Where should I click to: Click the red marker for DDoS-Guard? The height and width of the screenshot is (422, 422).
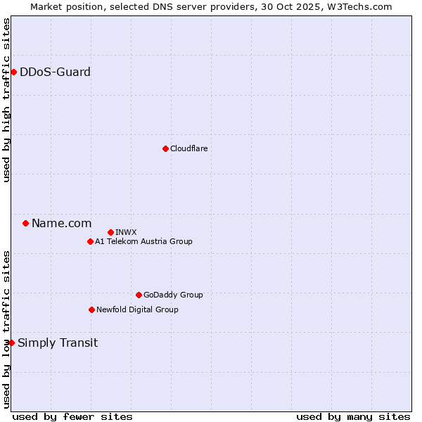(13, 72)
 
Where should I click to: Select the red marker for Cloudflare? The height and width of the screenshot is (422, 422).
(165, 148)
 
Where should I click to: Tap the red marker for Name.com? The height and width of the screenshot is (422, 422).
(25, 223)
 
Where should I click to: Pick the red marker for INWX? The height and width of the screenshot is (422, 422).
(110, 232)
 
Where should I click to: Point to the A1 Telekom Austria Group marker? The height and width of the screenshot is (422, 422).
(90, 241)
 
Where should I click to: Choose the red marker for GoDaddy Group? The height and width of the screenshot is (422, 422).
(139, 295)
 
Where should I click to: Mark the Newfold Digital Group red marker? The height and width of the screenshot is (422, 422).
(91, 309)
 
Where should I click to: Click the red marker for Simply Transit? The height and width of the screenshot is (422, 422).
(11, 343)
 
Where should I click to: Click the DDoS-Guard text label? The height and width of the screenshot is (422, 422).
(55, 72)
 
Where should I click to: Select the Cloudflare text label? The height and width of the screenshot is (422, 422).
(188, 148)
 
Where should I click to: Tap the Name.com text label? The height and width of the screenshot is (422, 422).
(61, 223)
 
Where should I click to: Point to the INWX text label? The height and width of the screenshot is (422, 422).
(126, 232)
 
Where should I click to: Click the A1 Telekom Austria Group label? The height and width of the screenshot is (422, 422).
(143, 241)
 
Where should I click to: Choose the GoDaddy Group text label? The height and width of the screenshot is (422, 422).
(173, 295)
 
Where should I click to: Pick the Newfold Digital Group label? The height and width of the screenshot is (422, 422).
(137, 309)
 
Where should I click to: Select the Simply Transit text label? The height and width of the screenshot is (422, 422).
(58, 343)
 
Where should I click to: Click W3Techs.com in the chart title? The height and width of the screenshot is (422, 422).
(362, 6)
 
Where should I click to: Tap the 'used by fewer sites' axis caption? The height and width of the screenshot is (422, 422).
(72, 416)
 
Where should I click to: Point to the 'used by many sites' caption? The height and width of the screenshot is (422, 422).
(353, 416)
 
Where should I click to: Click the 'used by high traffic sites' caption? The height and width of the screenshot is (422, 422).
(6, 100)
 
